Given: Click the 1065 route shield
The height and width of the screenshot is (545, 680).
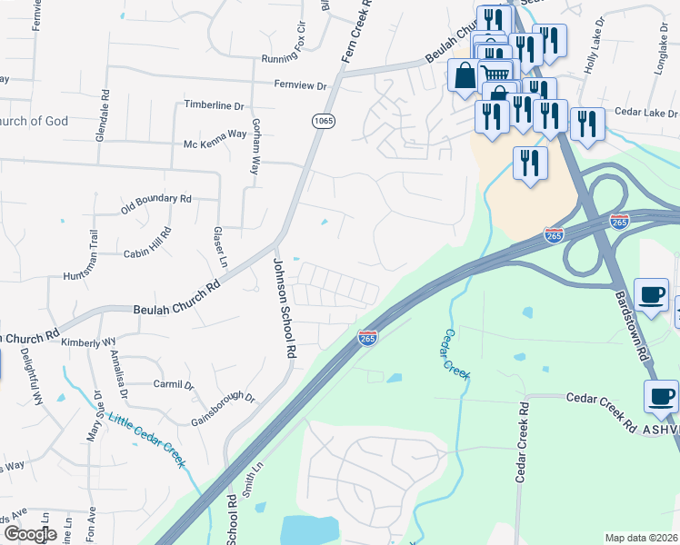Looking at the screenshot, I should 322,121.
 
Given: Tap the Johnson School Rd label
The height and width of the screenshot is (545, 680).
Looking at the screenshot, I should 285,306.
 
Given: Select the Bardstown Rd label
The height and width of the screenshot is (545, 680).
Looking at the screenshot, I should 634,322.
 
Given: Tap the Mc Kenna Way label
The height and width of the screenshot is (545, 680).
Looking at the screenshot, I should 215,134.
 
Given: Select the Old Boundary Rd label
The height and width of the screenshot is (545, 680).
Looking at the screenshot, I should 156,204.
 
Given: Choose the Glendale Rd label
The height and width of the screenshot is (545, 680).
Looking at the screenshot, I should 103,114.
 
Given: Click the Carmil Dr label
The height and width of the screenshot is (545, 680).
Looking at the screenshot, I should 174,385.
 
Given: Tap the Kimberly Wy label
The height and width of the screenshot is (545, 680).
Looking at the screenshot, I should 89,342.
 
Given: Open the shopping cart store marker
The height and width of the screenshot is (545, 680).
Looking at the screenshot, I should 494,75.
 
